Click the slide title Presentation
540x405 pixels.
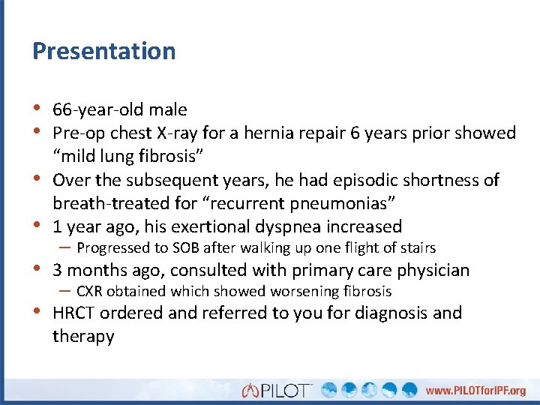pos(103,51)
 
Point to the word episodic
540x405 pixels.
pos(373,180)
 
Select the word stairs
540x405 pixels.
pos(416,247)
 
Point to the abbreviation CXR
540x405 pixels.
pos(90,292)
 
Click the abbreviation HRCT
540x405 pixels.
pos(73,313)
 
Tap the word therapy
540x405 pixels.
pos(82,336)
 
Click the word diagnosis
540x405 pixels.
pos(382,313)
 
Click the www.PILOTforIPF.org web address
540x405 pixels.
pos(475,390)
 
